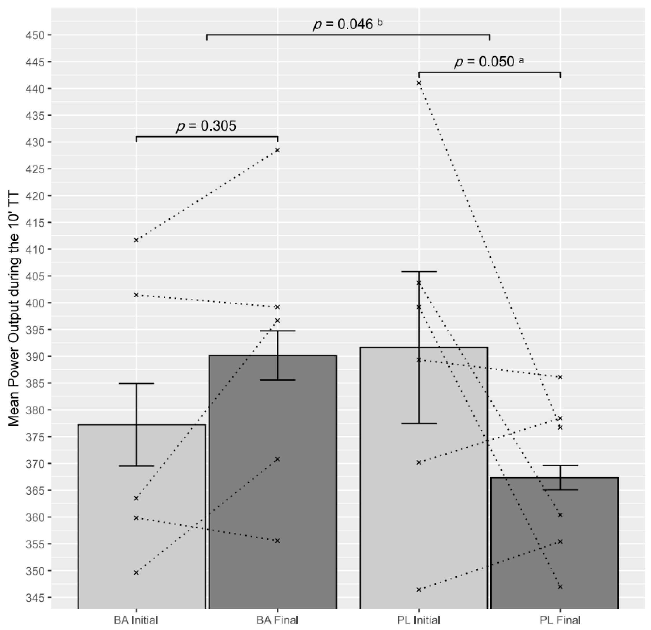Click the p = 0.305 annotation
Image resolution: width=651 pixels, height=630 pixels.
pos(206,126)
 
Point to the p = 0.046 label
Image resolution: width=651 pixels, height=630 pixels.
pos(344,24)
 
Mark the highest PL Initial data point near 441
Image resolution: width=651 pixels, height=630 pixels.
pos(419,83)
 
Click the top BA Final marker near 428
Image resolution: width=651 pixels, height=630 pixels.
pos(278,150)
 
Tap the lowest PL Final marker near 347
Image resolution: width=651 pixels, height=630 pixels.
pos(560,587)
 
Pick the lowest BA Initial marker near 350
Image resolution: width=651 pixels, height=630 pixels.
pos(136,573)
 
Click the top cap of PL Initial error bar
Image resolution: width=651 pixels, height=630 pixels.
pos(419,272)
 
